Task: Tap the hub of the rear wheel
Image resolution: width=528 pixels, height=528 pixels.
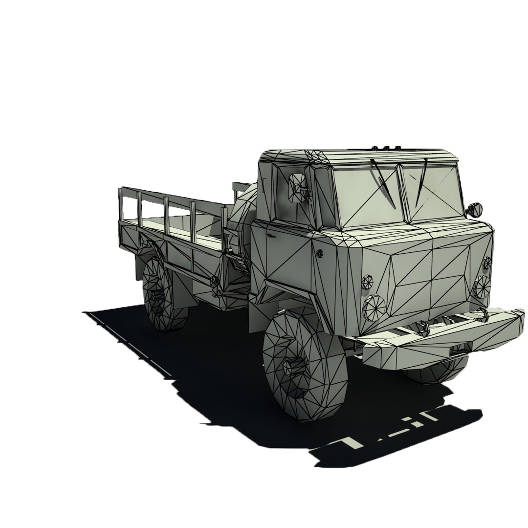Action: click(x=157, y=295)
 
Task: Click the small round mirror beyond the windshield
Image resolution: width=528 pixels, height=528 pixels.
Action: click(x=474, y=209)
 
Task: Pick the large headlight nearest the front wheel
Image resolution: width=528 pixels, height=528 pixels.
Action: click(x=374, y=306)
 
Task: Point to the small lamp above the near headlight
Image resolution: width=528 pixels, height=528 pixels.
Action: click(x=367, y=282)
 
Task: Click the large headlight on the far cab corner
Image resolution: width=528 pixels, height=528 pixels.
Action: click(x=482, y=286)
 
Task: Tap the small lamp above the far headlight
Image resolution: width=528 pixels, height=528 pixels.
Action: click(x=487, y=263)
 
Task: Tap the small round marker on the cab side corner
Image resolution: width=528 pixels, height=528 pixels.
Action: click(x=320, y=254)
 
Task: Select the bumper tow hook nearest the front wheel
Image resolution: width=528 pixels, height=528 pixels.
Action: click(x=421, y=327)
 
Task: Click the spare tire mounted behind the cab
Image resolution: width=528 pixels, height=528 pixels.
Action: click(x=241, y=215)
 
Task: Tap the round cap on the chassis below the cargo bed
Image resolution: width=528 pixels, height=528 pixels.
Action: click(x=214, y=281)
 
